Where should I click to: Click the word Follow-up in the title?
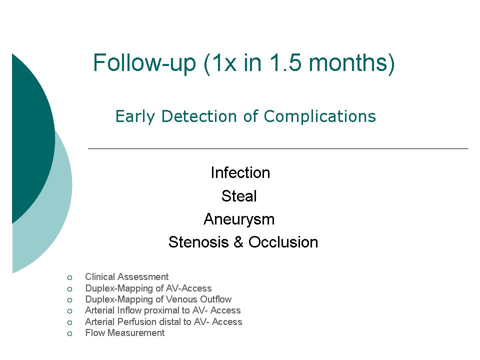point(144,63)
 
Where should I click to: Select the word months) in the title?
point(351,63)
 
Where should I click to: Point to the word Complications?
point(319,117)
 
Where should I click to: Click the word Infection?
point(240,172)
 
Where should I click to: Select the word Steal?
point(239,196)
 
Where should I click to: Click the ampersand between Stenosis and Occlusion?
point(238,242)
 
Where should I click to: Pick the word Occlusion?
point(283,242)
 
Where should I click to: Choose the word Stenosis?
point(198,242)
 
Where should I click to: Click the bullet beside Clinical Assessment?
point(70,277)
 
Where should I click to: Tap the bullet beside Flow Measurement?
point(70,333)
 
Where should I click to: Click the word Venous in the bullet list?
point(182,299)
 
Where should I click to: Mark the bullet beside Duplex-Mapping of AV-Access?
point(70,289)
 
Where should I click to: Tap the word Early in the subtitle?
point(135,117)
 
